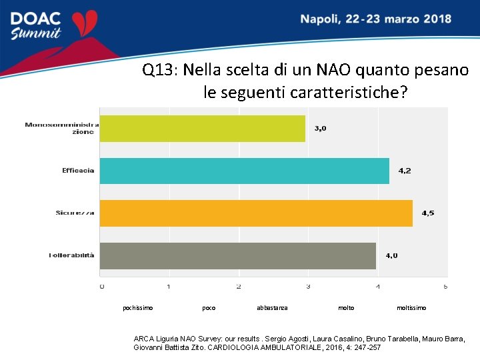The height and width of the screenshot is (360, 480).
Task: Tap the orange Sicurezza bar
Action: coord(256,213)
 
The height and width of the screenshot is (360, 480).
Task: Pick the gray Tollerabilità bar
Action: coord(237,255)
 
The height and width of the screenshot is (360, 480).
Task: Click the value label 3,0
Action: coord(320,128)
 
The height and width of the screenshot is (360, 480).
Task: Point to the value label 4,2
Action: coord(405,171)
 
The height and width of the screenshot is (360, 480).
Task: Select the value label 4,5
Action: coord(427,213)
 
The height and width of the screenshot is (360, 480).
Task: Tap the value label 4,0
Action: coord(391,255)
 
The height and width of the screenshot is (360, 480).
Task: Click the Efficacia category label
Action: coord(78,171)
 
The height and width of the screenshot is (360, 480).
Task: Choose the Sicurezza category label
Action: coord(75,213)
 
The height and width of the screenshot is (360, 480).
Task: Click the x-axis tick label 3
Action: coord(307,287)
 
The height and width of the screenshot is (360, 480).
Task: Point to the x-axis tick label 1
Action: coord(169,287)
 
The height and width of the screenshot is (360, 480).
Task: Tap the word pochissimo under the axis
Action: coord(138,308)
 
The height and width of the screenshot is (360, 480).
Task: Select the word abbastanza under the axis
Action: coord(272,308)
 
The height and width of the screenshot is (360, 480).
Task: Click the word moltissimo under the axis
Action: coord(411,308)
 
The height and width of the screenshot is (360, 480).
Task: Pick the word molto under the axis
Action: coord(346,308)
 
